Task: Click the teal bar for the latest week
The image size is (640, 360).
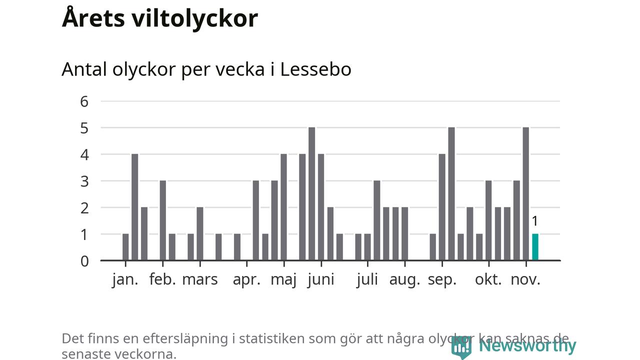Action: [535, 247]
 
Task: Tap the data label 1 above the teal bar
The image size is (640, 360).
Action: [534, 221]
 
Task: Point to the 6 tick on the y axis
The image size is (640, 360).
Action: [84, 101]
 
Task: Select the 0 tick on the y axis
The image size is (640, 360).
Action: [84, 260]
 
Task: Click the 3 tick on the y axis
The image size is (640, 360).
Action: [84, 181]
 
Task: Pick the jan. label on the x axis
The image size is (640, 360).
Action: [125, 279]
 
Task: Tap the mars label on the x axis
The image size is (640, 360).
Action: [200, 279]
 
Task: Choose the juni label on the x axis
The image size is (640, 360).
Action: [321, 279]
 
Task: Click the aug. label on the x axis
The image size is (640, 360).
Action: [404, 279]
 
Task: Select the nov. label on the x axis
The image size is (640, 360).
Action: [525, 279]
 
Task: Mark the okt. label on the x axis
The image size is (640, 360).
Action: [488, 279]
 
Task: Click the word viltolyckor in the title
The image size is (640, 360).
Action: [195, 18]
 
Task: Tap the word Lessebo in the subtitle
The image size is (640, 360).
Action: [315, 69]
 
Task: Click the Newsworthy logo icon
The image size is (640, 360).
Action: [461, 346]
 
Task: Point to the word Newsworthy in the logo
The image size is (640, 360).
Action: [527, 346]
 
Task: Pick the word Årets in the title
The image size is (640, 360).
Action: [93, 18]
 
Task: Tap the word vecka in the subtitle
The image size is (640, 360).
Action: [244, 69]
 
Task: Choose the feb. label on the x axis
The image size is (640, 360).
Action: [162, 279]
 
